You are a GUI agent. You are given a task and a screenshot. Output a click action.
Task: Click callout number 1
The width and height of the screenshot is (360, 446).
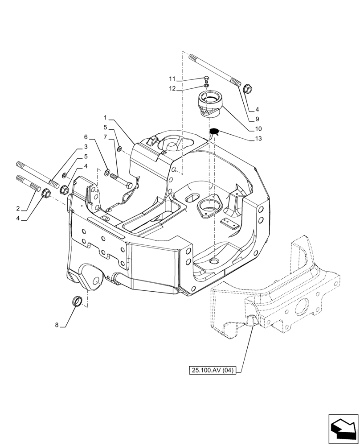coord(106,118)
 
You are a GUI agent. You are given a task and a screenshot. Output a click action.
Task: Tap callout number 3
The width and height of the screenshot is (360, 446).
coord(85,147)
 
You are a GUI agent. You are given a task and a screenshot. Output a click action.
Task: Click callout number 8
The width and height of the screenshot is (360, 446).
coord(57,325)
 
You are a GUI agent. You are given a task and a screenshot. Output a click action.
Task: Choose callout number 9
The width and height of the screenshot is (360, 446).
coord(258,119)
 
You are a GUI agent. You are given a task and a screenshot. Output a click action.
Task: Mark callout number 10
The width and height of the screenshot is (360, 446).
coord(258,129)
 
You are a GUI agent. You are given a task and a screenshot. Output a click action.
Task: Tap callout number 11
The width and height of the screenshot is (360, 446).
coord(172,78)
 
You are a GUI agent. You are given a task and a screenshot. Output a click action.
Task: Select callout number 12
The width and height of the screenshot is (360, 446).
coord(172,88)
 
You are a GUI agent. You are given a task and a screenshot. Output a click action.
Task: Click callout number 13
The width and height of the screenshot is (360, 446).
coord(258,139)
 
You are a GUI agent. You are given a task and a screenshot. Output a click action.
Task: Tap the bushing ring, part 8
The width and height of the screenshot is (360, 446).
coord(78,301)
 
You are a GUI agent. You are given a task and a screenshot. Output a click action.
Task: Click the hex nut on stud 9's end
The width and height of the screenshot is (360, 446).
coord(248,87)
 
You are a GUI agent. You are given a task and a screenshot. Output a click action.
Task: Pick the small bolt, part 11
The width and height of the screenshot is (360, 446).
coord(206,78)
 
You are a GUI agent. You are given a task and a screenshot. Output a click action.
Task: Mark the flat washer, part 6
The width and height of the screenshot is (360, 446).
coord(107,172)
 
